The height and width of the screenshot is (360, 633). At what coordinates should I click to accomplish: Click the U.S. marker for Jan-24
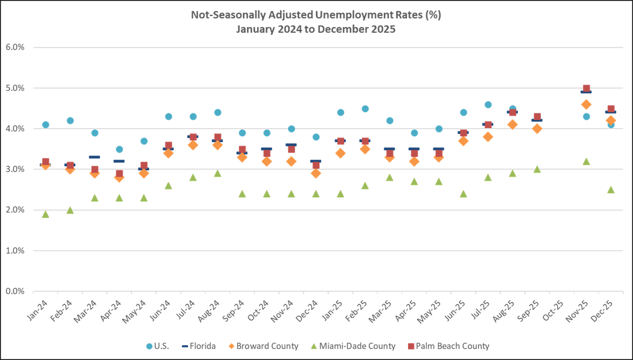(x=45, y=125)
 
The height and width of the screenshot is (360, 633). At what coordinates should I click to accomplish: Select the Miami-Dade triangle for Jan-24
(x=45, y=214)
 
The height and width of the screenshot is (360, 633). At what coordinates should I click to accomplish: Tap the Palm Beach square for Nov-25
(x=586, y=88)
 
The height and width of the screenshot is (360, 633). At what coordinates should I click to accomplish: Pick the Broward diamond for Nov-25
(x=586, y=104)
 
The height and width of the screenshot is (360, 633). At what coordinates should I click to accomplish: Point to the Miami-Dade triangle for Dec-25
(x=611, y=190)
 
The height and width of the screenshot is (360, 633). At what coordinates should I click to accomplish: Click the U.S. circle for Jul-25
(x=488, y=105)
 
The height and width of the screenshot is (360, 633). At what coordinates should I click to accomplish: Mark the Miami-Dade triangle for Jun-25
(x=463, y=194)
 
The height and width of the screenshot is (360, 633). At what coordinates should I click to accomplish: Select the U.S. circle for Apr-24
(x=119, y=149)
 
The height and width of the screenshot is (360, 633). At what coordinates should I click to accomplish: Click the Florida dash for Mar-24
(x=95, y=157)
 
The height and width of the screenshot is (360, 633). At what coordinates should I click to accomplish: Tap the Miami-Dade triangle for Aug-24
(x=217, y=173)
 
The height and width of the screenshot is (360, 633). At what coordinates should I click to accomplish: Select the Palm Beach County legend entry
(x=447, y=346)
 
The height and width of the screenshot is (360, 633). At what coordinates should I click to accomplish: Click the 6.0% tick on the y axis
(x=15, y=48)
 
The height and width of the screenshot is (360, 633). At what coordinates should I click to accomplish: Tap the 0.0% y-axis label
(x=15, y=291)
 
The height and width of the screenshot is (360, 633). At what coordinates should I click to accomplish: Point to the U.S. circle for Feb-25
(x=365, y=109)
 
